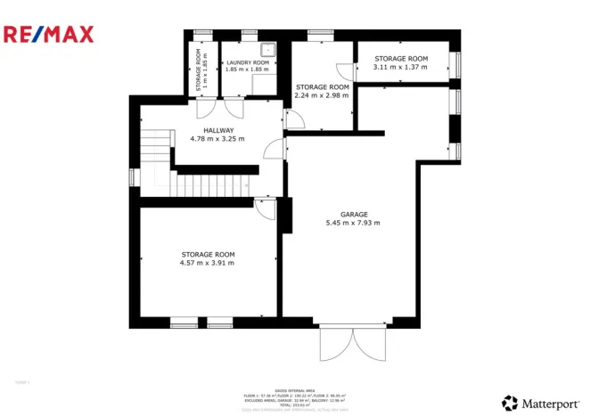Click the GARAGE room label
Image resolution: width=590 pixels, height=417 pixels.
(x=354, y=215)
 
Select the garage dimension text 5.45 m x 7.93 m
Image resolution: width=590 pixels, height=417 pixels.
(x=354, y=223)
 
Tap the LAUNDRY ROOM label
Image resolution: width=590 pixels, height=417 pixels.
(x=246, y=61)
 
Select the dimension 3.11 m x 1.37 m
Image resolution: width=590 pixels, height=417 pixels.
(x=400, y=67)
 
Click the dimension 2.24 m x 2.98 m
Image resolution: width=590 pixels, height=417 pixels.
(x=322, y=95)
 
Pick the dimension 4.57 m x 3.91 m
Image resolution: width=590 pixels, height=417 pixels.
(x=207, y=263)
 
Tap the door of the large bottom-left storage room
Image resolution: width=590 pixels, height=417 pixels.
(x=265, y=207)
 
